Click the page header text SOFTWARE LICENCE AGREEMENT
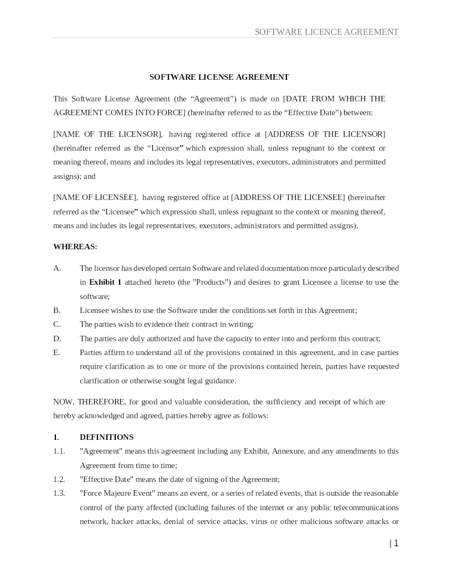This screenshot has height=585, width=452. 326,32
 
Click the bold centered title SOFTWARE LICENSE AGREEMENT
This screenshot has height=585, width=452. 219,77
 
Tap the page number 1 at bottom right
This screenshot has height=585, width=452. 395,543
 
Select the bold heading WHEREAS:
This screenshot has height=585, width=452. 75,247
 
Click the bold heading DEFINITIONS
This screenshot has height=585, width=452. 106,437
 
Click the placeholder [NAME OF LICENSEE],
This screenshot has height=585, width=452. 96,197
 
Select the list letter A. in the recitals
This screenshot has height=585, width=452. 57,268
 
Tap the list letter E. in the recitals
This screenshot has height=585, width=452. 56,352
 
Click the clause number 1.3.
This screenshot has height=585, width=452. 59,493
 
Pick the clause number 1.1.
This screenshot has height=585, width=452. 59,451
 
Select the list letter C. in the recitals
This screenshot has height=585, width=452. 57,324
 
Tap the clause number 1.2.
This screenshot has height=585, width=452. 59,479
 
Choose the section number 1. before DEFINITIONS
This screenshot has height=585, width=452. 56,437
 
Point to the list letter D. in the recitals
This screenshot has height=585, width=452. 57,338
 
